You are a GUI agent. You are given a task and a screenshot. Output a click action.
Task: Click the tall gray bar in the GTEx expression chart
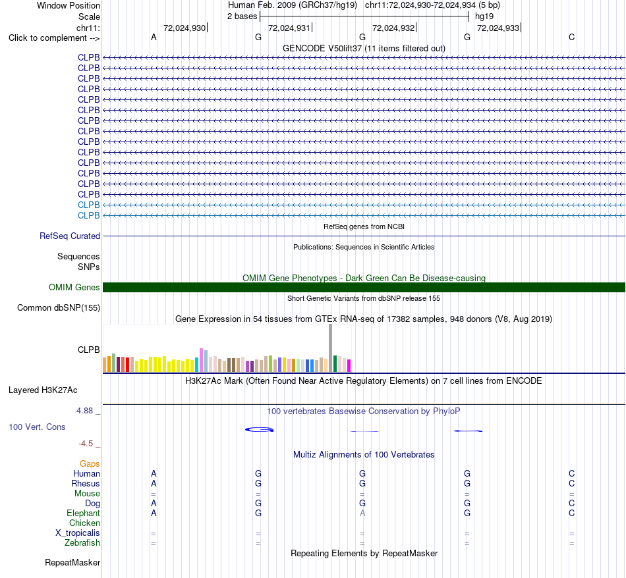tap(330, 348)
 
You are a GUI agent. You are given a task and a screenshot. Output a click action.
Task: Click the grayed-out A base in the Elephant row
tap(362, 513)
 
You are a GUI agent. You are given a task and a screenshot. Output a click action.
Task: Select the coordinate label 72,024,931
tap(289, 28)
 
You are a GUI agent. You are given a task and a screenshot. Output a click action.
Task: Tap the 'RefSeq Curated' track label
tap(70, 236)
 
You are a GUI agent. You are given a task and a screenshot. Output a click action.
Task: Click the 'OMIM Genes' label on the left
tap(74, 287)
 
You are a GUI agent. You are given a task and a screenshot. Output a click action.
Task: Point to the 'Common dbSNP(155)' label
tap(59, 308)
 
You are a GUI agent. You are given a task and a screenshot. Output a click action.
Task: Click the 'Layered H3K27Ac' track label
tap(43, 390)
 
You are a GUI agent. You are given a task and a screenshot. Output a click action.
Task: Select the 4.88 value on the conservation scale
tap(84, 411)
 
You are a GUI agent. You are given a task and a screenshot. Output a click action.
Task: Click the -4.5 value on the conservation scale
tap(86, 444)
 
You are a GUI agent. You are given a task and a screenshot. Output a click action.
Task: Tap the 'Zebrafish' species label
tap(82, 543)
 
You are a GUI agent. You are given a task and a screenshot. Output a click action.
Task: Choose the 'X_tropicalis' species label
tap(78, 533)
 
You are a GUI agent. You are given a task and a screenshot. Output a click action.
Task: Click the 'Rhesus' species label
tap(86, 484)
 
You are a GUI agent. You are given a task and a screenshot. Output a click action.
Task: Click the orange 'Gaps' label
tap(90, 464)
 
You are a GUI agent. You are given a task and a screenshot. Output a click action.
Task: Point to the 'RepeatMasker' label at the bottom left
tap(72, 563)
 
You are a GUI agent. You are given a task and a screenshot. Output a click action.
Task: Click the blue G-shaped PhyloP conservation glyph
tap(259, 430)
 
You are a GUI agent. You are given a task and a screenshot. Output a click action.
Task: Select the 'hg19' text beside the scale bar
tap(484, 16)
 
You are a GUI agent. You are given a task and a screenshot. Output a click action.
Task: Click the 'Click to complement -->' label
tap(54, 38)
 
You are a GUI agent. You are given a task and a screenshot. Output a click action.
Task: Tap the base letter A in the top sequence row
tap(154, 38)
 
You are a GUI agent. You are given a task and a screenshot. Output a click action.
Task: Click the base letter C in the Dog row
tap(572, 504)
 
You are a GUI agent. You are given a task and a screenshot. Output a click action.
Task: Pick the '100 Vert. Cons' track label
tap(37, 427)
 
